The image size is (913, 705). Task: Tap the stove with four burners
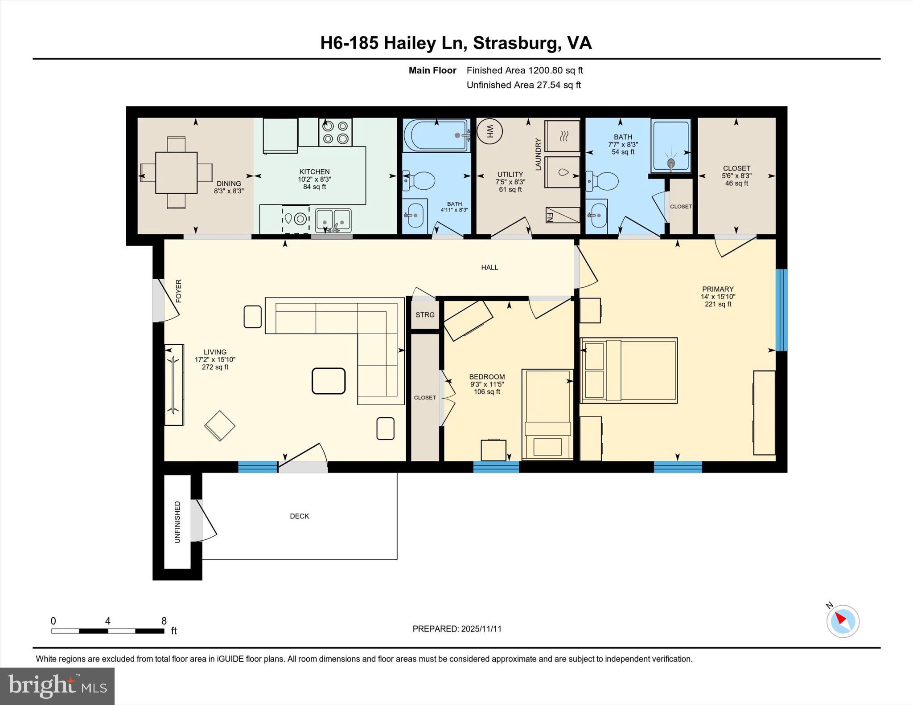[335, 132]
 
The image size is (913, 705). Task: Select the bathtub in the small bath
[436, 135]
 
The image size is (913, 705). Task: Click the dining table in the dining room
[176, 173]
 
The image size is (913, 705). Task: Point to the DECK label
[299, 516]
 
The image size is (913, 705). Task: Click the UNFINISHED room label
[177, 522]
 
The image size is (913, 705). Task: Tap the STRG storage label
[425, 315]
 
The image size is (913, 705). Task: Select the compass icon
[843, 621]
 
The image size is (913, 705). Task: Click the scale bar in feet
[107, 631]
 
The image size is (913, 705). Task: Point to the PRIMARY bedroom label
[717, 289]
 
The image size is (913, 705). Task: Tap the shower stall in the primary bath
[671, 146]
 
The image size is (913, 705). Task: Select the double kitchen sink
[333, 220]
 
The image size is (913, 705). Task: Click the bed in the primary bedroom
[629, 371]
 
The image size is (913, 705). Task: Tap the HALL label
[489, 268]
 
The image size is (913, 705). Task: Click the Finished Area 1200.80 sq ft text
[524, 70]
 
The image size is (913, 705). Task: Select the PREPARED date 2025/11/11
[456, 629]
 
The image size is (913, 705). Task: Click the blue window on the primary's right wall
[781, 310]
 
